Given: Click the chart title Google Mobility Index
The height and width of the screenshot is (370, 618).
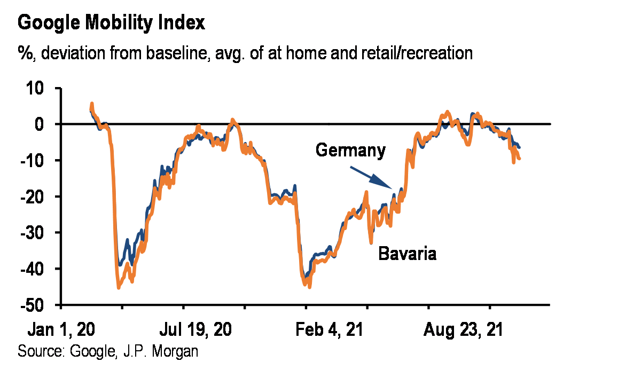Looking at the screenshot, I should [x=111, y=23].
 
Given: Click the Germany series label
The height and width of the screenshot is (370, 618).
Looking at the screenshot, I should [x=350, y=150].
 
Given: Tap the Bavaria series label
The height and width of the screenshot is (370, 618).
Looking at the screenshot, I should [x=407, y=253].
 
